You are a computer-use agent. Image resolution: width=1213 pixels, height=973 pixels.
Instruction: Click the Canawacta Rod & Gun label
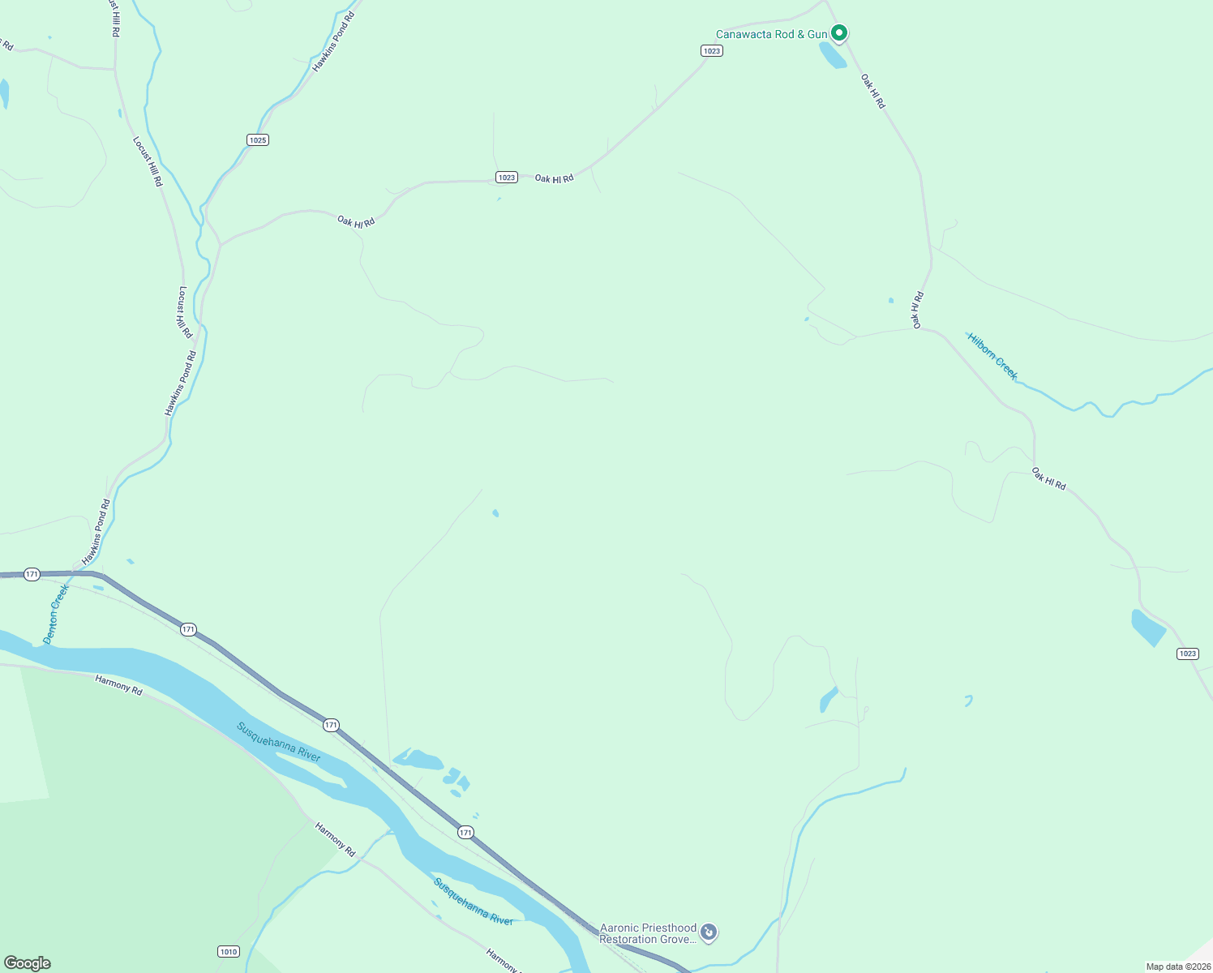pos(771,34)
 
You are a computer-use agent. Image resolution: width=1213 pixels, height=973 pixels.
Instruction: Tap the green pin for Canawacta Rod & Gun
pos(840,32)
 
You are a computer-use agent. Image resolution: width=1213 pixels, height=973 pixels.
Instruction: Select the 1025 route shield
pos(258,140)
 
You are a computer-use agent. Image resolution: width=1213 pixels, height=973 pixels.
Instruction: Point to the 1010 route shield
pos(229,951)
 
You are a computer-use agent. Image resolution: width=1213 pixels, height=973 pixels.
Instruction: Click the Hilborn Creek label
pos(992,356)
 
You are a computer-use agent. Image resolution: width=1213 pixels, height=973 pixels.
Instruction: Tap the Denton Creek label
pos(56,614)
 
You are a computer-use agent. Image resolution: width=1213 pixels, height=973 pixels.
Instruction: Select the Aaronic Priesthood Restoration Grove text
pos(648,933)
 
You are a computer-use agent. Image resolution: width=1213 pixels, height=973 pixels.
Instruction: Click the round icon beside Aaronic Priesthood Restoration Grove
pos(709,932)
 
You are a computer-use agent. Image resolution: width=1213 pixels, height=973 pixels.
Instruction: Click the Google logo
pos(28,962)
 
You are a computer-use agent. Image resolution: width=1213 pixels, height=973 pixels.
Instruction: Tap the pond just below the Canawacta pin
pos(833,55)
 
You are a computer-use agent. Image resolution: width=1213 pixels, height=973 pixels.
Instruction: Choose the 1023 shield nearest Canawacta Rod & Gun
pos(711,51)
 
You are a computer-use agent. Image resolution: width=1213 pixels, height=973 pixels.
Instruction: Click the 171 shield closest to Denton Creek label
pos(32,574)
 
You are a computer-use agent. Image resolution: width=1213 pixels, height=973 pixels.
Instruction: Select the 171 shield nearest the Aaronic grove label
pos(465,832)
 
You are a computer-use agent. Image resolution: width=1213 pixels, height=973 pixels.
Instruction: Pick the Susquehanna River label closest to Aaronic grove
pos(474,901)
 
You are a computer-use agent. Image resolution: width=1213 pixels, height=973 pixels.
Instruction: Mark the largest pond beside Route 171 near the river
pos(418,760)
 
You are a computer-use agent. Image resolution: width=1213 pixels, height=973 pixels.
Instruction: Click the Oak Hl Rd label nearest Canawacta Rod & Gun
pos(872,92)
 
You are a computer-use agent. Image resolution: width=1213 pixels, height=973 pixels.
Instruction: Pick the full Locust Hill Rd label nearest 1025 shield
pos(148,161)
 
